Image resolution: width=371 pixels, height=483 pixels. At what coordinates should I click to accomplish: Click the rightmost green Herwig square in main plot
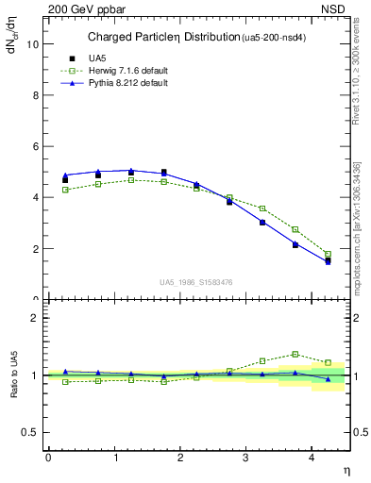[328, 254]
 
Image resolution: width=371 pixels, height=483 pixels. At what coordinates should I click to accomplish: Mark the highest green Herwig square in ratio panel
[295, 354]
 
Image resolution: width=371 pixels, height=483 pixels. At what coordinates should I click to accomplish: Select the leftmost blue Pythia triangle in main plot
[65, 175]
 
